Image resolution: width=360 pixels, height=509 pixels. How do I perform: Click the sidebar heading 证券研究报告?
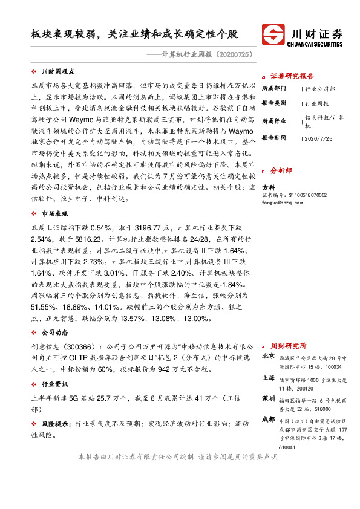(292, 76)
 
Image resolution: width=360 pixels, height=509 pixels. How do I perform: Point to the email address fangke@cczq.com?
(281, 203)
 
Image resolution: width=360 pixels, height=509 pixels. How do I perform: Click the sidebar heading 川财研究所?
(288, 345)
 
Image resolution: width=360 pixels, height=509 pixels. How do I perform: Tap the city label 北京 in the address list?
(268, 357)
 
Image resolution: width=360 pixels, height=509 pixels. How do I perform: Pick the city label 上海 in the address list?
(268, 377)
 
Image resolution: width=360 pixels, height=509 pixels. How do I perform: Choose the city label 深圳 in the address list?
(268, 399)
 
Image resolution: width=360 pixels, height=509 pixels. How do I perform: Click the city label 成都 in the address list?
(268, 419)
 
